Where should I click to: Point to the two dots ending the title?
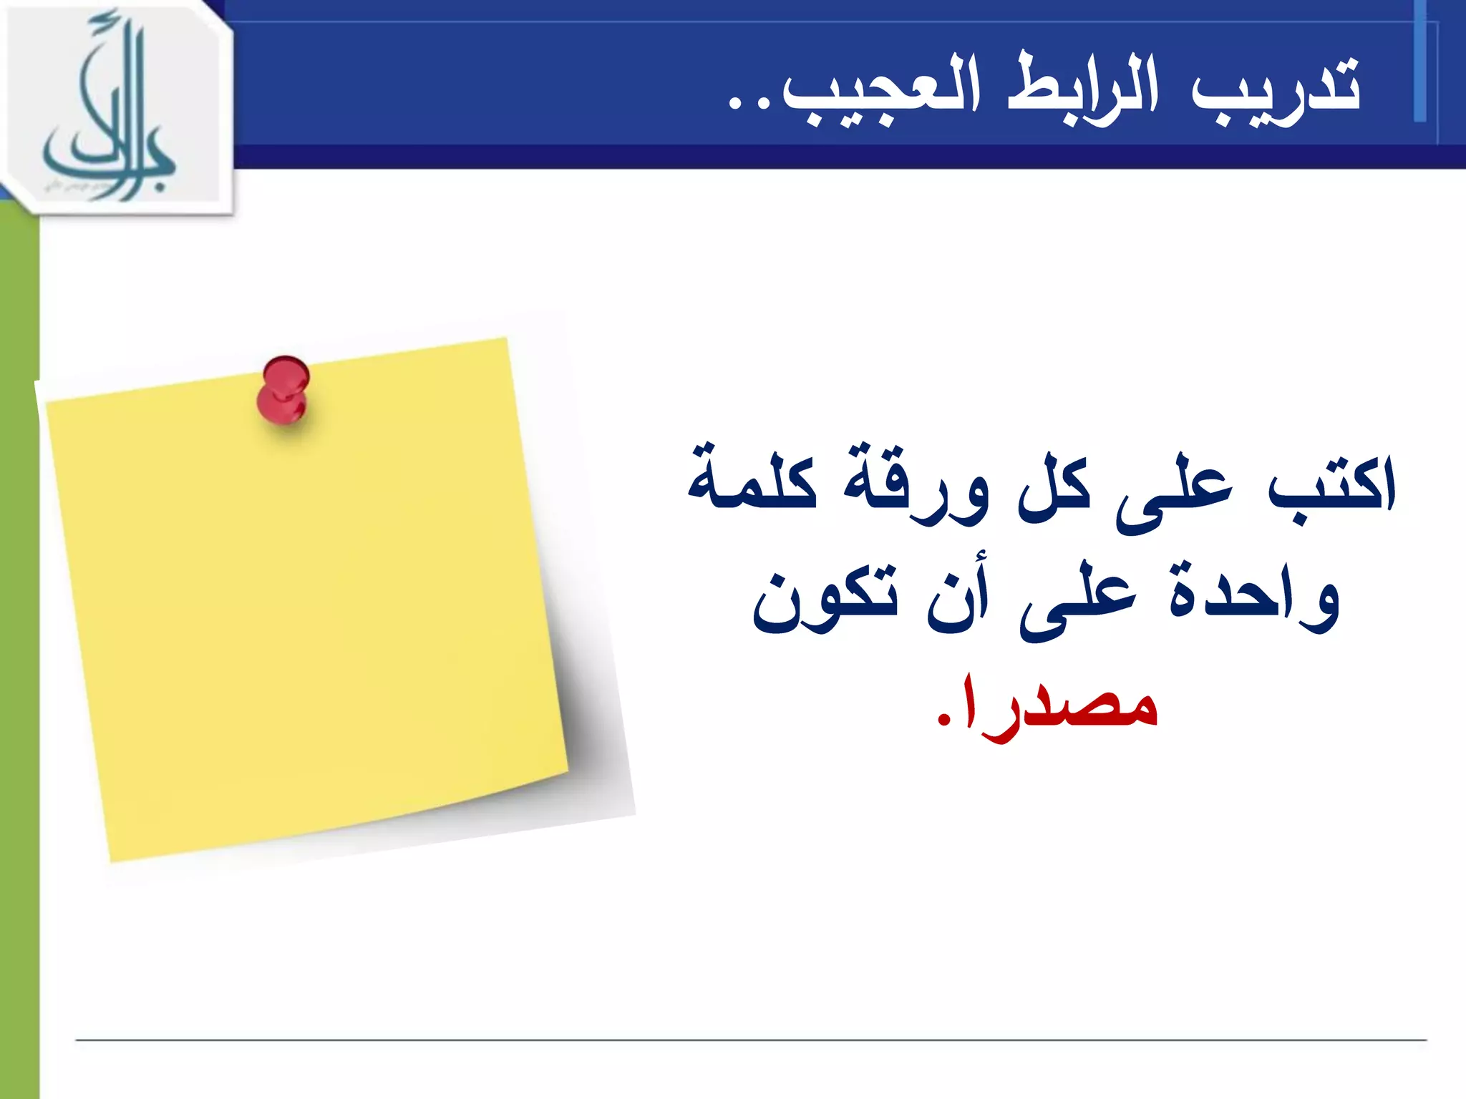(747, 104)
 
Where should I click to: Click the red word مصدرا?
(1059, 705)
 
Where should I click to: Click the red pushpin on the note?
(283, 390)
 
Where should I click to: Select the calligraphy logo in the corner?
(115, 107)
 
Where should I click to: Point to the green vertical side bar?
(19, 644)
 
